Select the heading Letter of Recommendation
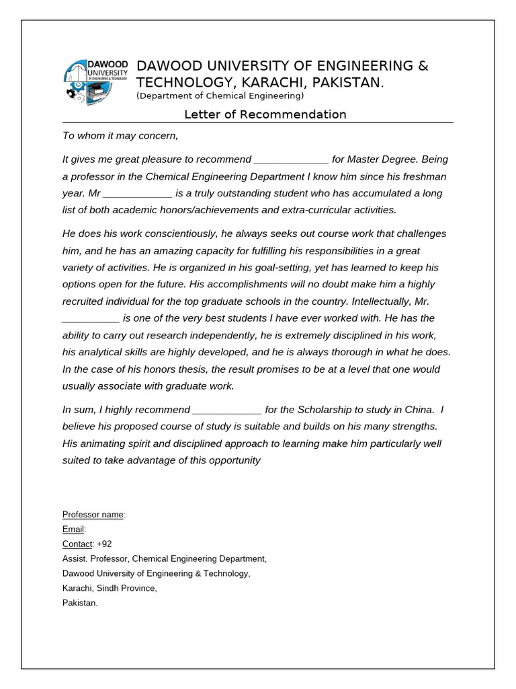(x=265, y=114)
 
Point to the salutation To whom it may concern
(x=120, y=135)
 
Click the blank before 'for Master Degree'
(x=291, y=160)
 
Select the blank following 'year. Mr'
(x=138, y=193)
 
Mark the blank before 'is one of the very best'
(x=91, y=318)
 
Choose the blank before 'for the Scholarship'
(x=227, y=410)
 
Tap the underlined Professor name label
(x=93, y=515)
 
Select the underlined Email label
(x=73, y=530)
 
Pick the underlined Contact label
(x=77, y=544)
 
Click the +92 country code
(x=104, y=544)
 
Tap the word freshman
(x=423, y=176)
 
